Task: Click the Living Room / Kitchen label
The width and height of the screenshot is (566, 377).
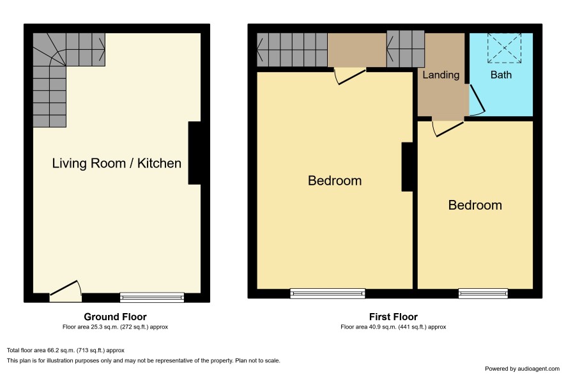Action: click(117, 163)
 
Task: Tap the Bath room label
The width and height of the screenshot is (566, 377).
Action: click(501, 75)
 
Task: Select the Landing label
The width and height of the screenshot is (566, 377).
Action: click(441, 75)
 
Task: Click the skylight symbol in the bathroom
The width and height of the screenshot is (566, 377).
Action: click(504, 48)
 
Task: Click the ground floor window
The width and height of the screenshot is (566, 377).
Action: click(152, 297)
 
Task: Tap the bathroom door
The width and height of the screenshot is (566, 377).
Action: click(476, 100)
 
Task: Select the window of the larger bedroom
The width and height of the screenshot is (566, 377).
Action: click(328, 293)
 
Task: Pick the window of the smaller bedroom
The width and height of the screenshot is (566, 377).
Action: click(483, 293)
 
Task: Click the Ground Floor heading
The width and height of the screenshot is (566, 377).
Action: click(115, 317)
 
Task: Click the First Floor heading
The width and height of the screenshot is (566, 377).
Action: click(393, 317)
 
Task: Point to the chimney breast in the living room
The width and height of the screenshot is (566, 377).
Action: click(194, 153)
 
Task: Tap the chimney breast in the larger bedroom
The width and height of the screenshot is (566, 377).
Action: click(407, 167)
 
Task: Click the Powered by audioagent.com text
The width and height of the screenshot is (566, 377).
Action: click(522, 369)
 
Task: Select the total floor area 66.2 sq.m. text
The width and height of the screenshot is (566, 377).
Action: click(66, 350)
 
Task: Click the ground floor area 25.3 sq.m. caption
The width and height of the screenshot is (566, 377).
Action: click(115, 327)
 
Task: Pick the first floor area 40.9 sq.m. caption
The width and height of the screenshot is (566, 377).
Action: click(393, 327)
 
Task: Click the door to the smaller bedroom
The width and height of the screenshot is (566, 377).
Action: click(448, 128)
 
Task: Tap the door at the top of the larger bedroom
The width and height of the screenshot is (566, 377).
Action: click(350, 76)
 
